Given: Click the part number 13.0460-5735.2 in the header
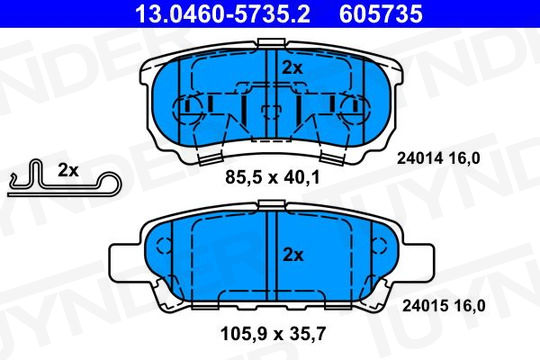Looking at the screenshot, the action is pyautogui.click(x=222, y=14).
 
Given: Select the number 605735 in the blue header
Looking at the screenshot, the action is pyautogui.click(x=381, y=14).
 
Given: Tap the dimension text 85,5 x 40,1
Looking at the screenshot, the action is pyautogui.click(x=272, y=177).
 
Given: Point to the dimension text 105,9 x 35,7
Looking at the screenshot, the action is pyautogui.click(x=273, y=333).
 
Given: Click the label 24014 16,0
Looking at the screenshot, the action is pyautogui.click(x=438, y=158).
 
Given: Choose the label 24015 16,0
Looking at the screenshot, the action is pyautogui.click(x=444, y=306).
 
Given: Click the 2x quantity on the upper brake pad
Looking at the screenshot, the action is pyautogui.click(x=292, y=68).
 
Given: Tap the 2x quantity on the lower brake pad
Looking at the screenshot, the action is pyautogui.click(x=293, y=255).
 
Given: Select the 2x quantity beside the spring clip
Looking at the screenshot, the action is pyautogui.click(x=68, y=170).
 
